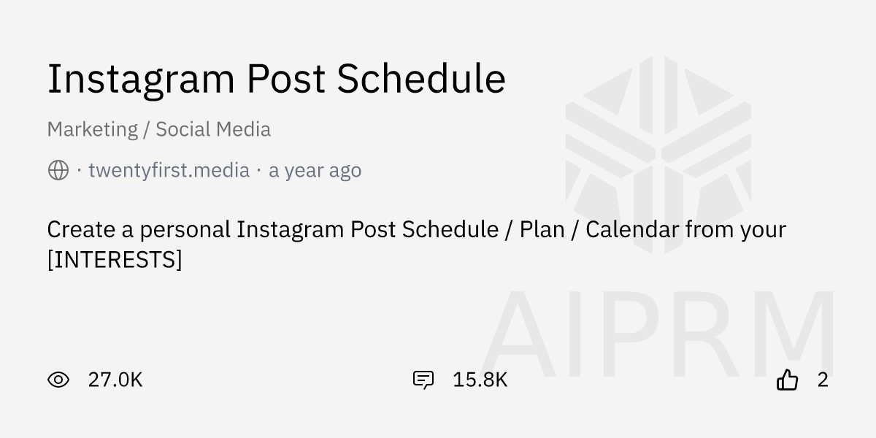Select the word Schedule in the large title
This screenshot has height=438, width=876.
[x=421, y=79]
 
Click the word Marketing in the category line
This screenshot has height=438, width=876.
[x=92, y=129]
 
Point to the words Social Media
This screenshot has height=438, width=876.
[x=213, y=129]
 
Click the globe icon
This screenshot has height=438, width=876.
[x=58, y=171]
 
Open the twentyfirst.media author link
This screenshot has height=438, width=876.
[x=169, y=171]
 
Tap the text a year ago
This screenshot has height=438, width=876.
[x=315, y=171]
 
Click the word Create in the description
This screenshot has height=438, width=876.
[x=81, y=229]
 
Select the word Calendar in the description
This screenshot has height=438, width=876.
[x=632, y=229]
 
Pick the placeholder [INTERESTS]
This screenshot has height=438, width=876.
[x=115, y=259]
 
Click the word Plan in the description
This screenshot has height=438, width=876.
[x=542, y=229]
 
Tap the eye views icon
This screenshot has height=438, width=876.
[x=58, y=380]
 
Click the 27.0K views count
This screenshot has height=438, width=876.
[x=115, y=380]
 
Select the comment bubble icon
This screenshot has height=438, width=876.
[x=423, y=380]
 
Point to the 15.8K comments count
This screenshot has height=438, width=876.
[x=480, y=380]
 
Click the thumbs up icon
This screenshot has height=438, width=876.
[x=787, y=380]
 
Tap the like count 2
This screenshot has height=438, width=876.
[x=823, y=380]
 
